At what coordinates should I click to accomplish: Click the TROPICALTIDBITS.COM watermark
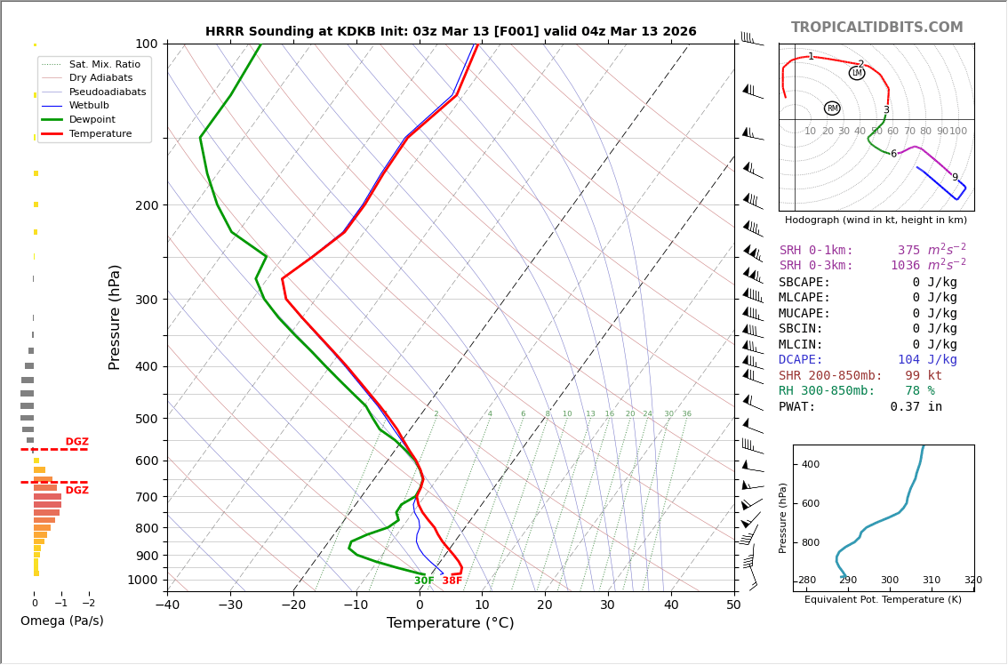pos(876,28)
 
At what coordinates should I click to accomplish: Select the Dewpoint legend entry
pos(92,119)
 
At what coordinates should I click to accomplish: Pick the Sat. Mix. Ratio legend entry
pos(104,65)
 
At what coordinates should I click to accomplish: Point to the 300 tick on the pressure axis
pos(146,300)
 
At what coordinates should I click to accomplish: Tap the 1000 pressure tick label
pos(142,580)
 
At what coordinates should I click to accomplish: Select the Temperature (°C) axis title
pos(450,623)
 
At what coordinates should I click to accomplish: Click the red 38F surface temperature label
pos(452,581)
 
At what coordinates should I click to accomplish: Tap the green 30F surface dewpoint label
pos(424,581)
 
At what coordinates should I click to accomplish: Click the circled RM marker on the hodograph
pos(832,108)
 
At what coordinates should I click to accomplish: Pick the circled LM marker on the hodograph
pos(857,73)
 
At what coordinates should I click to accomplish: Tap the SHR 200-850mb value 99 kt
pos(924,376)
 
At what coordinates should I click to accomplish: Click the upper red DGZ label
pos(76,442)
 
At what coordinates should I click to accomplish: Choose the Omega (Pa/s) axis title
pos(62,621)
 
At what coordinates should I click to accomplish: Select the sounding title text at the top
pos(451,32)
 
